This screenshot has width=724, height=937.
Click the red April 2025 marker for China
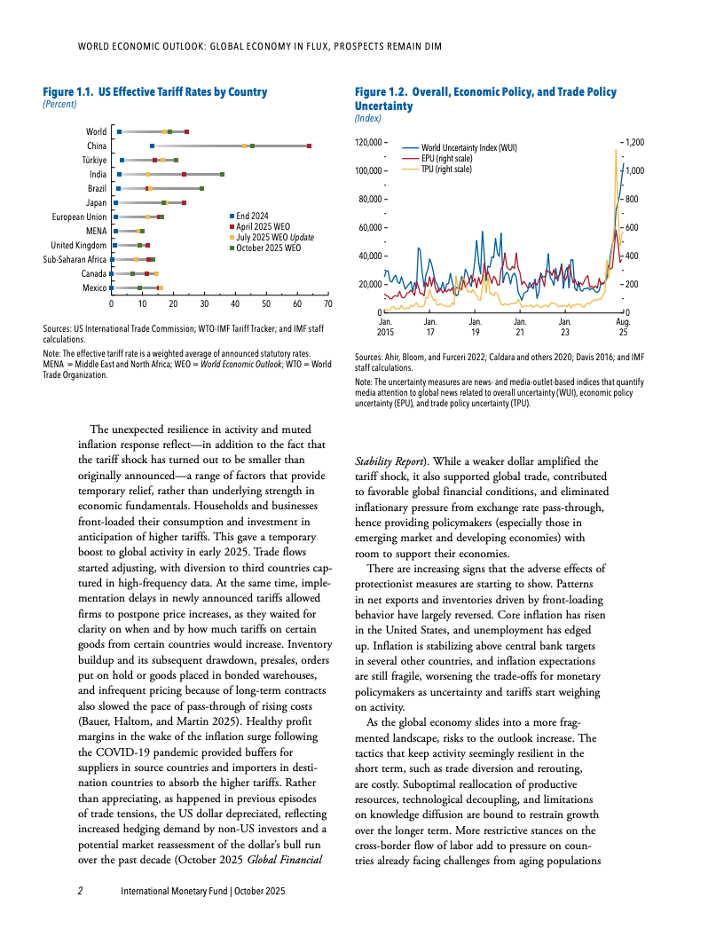click(x=309, y=146)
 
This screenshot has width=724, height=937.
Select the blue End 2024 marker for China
click(x=153, y=146)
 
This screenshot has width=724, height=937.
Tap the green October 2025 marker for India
click(x=222, y=175)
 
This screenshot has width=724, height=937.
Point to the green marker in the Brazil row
click(x=201, y=189)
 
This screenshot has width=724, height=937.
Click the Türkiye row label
click(x=93, y=160)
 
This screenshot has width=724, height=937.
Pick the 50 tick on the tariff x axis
click(x=265, y=304)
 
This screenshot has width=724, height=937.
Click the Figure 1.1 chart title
click(x=155, y=92)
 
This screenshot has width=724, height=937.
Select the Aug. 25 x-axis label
click(x=622, y=327)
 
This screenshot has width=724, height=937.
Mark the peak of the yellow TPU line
click(x=615, y=150)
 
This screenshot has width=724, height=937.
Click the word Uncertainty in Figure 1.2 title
click(x=383, y=106)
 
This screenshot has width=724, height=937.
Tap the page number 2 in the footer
click(x=80, y=890)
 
